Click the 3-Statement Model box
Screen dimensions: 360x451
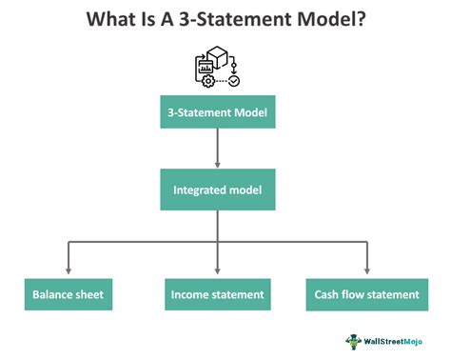coord(218,113)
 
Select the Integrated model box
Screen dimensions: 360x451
coord(218,190)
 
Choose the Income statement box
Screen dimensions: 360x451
coord(218,294)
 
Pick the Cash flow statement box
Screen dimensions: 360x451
coord(366,294)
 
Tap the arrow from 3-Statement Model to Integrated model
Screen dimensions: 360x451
coord(218,151)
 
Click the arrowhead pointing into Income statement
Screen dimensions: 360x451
coord(218,270)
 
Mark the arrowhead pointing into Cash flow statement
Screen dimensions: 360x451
coord(367,270)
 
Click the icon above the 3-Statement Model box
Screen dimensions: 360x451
coord(218,67)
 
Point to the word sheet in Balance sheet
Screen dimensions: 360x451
coord(89,294)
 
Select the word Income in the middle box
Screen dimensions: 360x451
coord(189,294)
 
